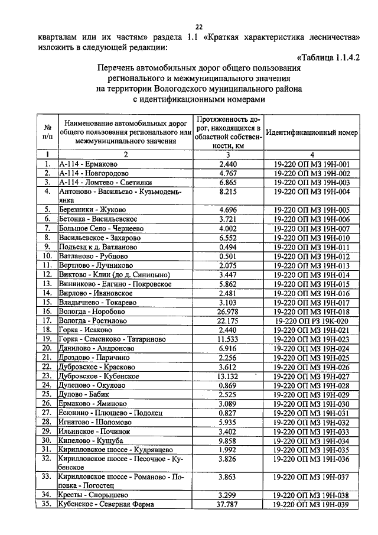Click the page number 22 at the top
click(199, 26)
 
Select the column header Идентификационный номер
click(312, 133)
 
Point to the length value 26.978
click(228, 311)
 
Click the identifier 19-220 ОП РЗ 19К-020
click(312, 320)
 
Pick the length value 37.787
click(228, 504)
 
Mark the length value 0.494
click(228, 247)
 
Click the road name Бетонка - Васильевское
click(97, 219)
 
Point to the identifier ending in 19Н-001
click(312, 164)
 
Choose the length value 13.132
click(228, 375)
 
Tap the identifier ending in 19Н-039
click(312, 504)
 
